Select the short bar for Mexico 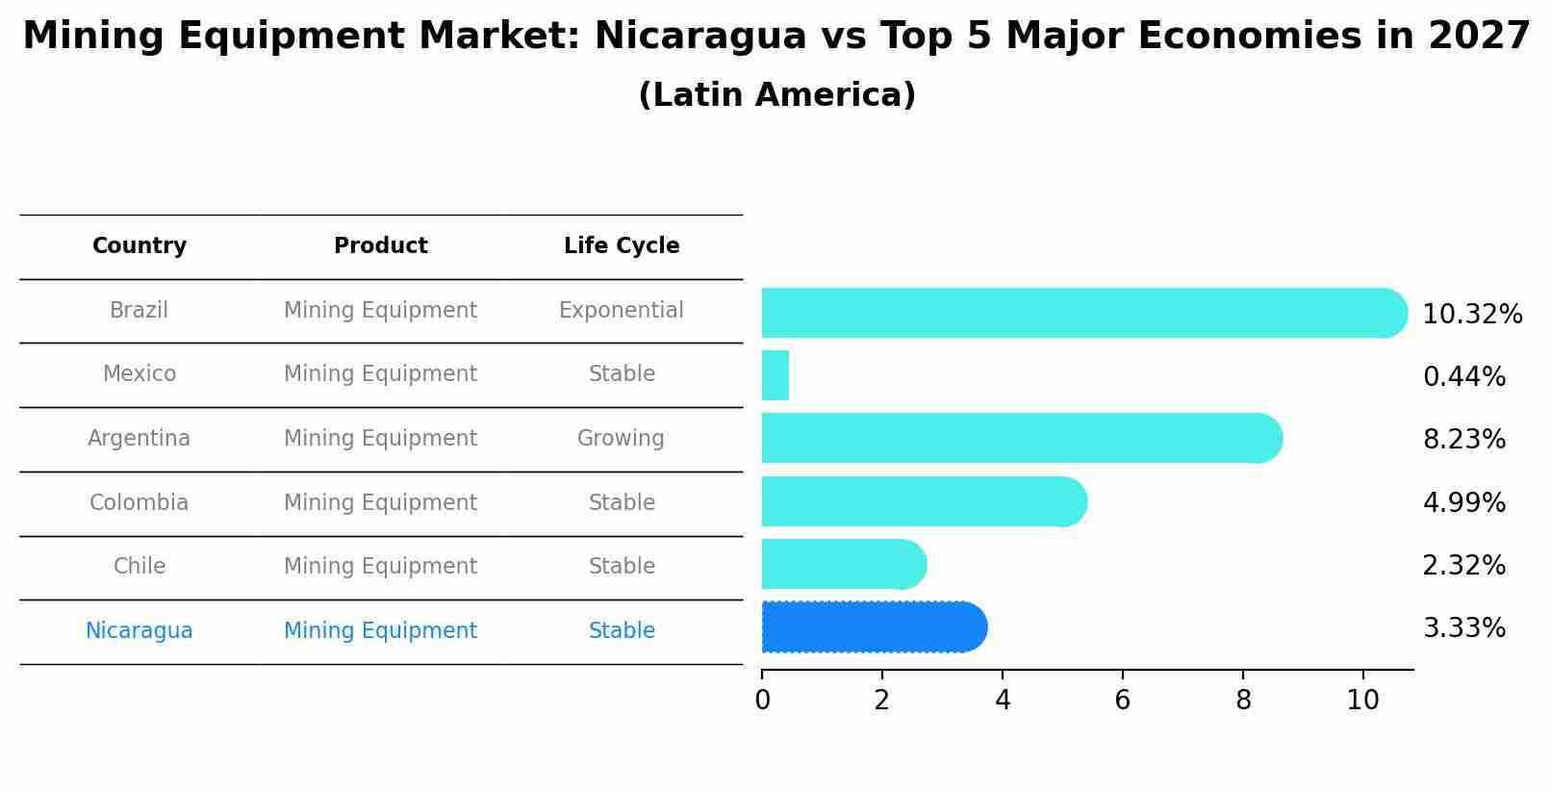click(x=775, y=375)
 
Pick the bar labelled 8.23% click(x=1020, y=439)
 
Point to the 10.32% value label click(x=1471, y=315)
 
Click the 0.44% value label click(x=1463, y=377)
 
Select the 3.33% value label click(x=1463, y=628)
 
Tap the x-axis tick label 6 click(x=1122, y=701)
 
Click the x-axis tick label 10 click(x=1362, y=701)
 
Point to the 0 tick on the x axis click(x=762, y=701)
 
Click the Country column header click(x=140, y=246)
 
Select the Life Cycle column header click(x=622, y=246)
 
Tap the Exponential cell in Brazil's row click(x=621, y=311)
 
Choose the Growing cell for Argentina click(x=621, y=439)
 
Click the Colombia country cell click(x=139, y=503)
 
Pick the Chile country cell click(x=140, y=567)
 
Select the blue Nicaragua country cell click(x=139, y=631)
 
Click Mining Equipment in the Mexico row click(x=380, y=374)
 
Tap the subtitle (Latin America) click(x=776, y=95)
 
